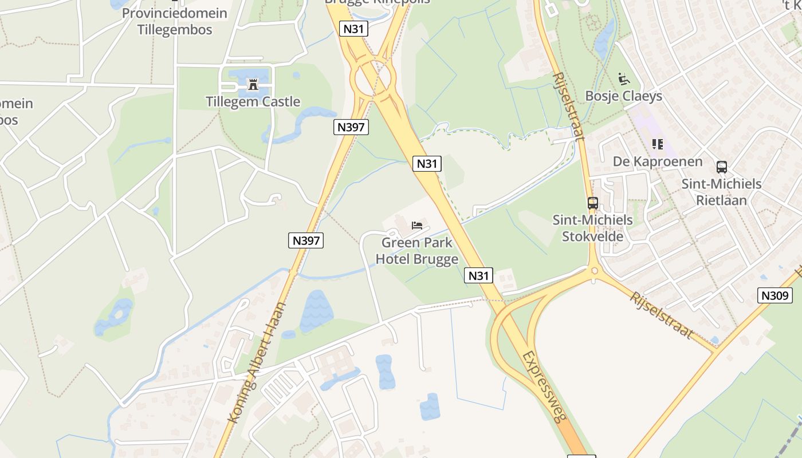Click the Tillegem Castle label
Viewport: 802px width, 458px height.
pos(253,102)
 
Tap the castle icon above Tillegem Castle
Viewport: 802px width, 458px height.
pos(253,86)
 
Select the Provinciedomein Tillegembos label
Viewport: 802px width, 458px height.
pos(174,21)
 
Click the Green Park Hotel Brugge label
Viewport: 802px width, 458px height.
pos(417,251)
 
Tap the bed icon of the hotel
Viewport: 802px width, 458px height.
pos(417,225)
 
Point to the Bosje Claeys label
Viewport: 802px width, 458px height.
pos(623,96)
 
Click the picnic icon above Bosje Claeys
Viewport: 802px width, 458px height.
pos(624,79)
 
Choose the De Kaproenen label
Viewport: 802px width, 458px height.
pos(658,161)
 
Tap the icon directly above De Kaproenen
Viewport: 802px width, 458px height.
pos(657,144)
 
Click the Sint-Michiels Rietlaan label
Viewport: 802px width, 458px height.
pos(721,192)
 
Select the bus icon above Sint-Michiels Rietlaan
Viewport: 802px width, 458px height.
pos(721,167)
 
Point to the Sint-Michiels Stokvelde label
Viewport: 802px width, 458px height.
pos(592,228)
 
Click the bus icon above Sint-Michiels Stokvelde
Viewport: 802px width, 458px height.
pos(592,203)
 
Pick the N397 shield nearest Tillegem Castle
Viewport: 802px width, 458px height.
pos(351,127)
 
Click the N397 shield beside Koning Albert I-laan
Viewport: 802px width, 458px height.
pos(305,240)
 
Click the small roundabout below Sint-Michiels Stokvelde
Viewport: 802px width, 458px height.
pos(594,271)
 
